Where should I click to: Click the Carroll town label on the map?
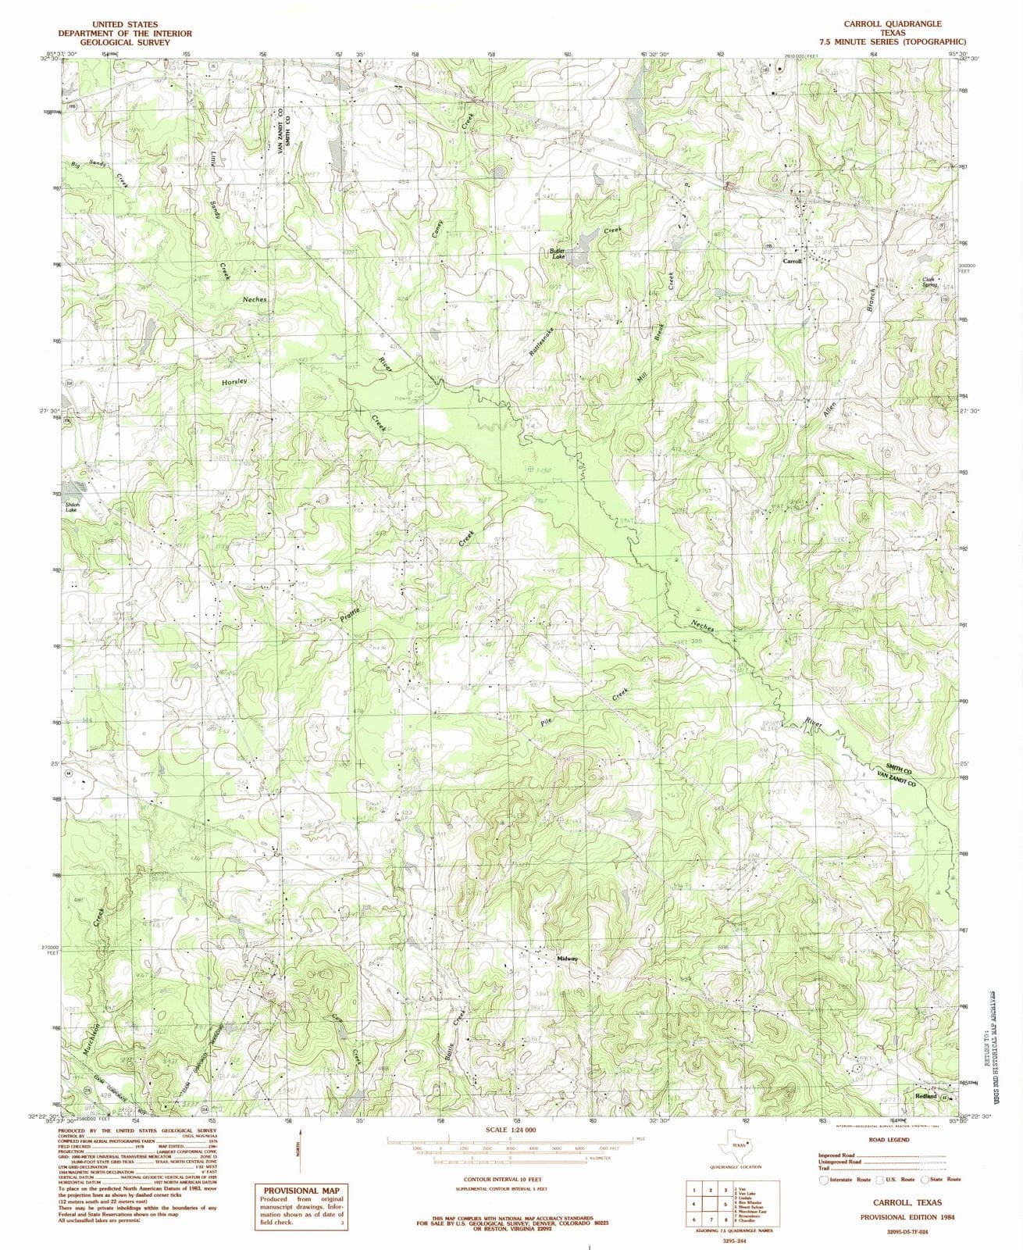pos(792,261)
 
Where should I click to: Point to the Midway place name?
pos(568,959)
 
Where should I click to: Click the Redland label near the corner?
pos(925,1097)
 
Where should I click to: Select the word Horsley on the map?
pos(233,382)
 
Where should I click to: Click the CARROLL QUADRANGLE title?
pos(903,24)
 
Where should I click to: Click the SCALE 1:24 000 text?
pos(511,1130)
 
